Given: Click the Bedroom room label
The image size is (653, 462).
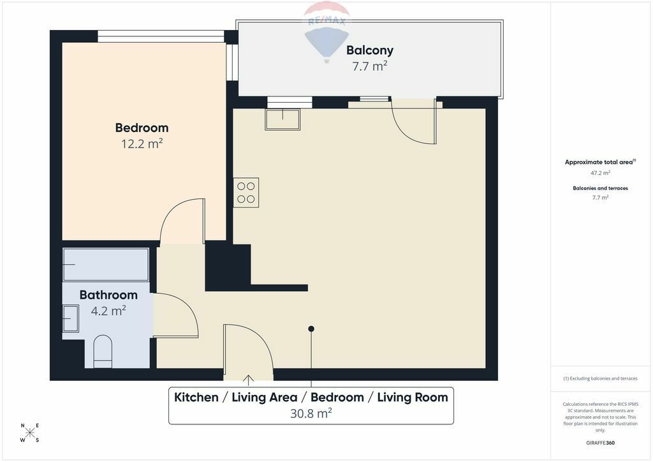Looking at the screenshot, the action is click(x=142, y=128).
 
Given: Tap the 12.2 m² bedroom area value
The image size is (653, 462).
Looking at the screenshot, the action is click(x=142, y=144).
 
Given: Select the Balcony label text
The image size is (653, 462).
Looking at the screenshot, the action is click(x=370, y=50).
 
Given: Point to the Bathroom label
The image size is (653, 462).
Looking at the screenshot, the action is click(x=108, y=295).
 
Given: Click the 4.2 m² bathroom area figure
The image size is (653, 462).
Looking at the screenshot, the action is click(x=108, y=311).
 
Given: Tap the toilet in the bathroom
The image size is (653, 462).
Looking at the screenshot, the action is click(x=103, y=352).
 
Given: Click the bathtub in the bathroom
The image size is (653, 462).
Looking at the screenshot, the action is click(x=106, y=265).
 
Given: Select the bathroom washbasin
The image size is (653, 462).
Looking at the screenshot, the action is click(x=71, y=318).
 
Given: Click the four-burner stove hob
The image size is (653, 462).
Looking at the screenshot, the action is click(x=246, y=193).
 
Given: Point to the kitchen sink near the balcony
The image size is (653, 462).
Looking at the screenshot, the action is click(x=282, y=119).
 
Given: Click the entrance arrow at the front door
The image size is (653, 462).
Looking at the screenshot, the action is click(x=248, y=378).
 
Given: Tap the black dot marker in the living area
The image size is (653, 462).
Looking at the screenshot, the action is click(x=311, y=329).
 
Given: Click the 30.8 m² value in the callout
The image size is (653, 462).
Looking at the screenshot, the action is click(x=311, y=414).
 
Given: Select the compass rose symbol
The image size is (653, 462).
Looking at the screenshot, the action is click(x=30, y=433).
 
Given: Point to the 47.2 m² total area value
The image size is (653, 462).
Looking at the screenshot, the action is click(x=600, y=172).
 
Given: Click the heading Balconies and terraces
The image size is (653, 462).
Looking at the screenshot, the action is click(x=600, y=188).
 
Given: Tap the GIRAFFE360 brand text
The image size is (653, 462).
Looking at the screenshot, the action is click(x=600, y=443).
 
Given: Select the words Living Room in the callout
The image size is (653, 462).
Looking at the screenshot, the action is click(x=413, y=398).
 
